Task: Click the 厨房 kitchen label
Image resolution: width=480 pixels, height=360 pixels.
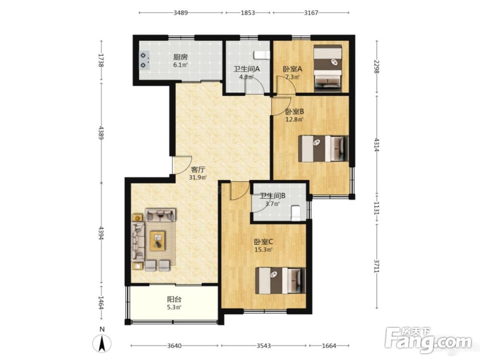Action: tap(180, 57)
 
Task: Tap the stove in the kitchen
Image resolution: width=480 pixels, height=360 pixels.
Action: tap(144, 60)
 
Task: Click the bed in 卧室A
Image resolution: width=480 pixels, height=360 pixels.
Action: tap(327, 68)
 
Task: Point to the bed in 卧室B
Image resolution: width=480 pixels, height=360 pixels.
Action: tap(323, 149)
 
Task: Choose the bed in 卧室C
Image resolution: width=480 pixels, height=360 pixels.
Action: tap(280, 281)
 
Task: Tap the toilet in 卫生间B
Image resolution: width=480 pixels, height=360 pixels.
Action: tap(296, 213)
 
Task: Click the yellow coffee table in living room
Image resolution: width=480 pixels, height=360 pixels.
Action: tap(157, 240)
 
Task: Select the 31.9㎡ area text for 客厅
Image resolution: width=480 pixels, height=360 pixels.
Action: tap(198, 177)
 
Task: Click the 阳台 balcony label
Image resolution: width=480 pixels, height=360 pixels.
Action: tap(174, 299)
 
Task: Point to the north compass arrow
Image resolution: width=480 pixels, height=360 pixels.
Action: tap(102, 343)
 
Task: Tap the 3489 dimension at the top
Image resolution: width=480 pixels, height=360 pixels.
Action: tap(180, 12)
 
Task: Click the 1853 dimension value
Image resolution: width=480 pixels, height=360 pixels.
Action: tap(248, 12)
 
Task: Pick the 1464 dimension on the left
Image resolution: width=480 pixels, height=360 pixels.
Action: tap(101, 302)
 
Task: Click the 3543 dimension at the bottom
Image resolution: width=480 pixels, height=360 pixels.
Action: tap(264, 346)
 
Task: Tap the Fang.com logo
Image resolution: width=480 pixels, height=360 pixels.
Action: tap(429, 339)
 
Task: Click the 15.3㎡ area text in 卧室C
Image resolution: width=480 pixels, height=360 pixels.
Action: tap(264, 250)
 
